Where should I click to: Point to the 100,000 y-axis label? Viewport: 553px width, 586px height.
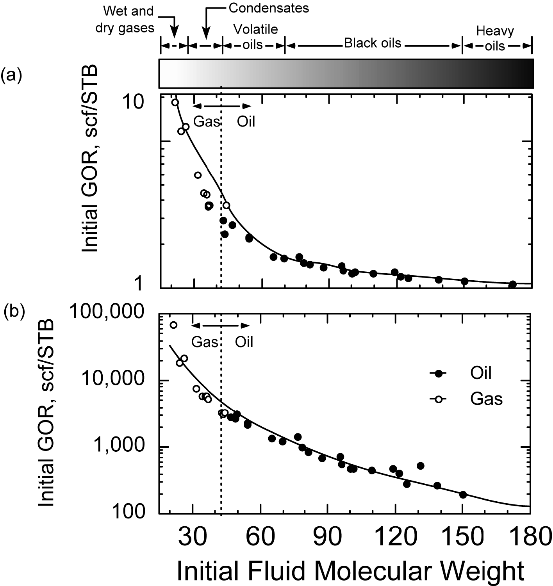(x=109, y=312)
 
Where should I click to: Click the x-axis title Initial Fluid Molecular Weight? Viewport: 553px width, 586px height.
(x=350, y=571)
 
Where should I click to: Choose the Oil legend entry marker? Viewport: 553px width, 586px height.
(x=439, y=374)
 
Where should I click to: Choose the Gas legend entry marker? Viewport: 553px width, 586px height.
(x=439, y=399)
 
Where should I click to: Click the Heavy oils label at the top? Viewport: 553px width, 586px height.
(x=495, y=38)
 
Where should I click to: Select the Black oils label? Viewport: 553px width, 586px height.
(x=373, y=43)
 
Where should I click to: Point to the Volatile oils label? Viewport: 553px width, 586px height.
(x=255, y=36)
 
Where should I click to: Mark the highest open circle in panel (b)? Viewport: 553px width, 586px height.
(x=173, y=325)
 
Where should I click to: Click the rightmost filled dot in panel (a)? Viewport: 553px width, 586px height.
(x=513, y=284)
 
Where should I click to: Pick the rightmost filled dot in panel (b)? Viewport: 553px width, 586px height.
(x=463, y=495)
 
